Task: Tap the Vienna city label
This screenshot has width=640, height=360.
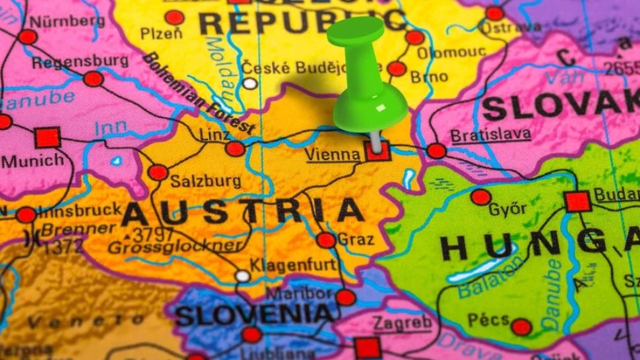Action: [333, 154]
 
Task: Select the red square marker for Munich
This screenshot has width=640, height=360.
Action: [48, 138]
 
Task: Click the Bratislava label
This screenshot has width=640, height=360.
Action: [490, 135]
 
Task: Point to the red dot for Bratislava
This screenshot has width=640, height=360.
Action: [436, 151]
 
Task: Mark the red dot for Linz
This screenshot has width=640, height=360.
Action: [235, 148]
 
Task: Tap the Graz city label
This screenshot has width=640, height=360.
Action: [356, 239]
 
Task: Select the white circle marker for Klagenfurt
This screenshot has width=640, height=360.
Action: [243, 276]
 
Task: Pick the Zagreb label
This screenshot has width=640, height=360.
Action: [402, 322]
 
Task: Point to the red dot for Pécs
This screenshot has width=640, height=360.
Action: [521, 326]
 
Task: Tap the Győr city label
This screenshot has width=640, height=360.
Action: [507, 209]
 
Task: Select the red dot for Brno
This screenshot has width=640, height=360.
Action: [397, 69]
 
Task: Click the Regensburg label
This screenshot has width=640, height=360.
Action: [80, 61]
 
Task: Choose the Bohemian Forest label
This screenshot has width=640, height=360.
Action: [198, 92]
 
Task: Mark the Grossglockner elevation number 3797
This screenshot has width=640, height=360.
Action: [153, 234]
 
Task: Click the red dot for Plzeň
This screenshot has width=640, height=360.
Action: [174, 17]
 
